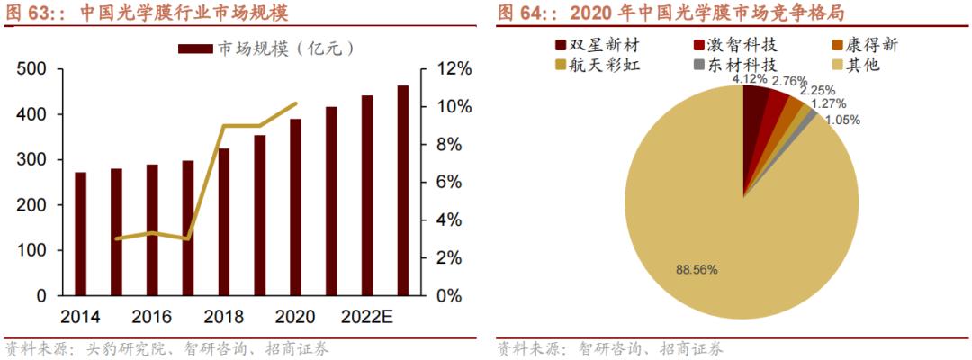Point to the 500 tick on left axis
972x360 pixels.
tap(32, 69)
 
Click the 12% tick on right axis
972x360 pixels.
tap(454, 69)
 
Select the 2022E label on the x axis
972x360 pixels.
tap(367, 318)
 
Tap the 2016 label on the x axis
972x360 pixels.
tap(152, 318)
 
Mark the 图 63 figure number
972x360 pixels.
tap(27, 13)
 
